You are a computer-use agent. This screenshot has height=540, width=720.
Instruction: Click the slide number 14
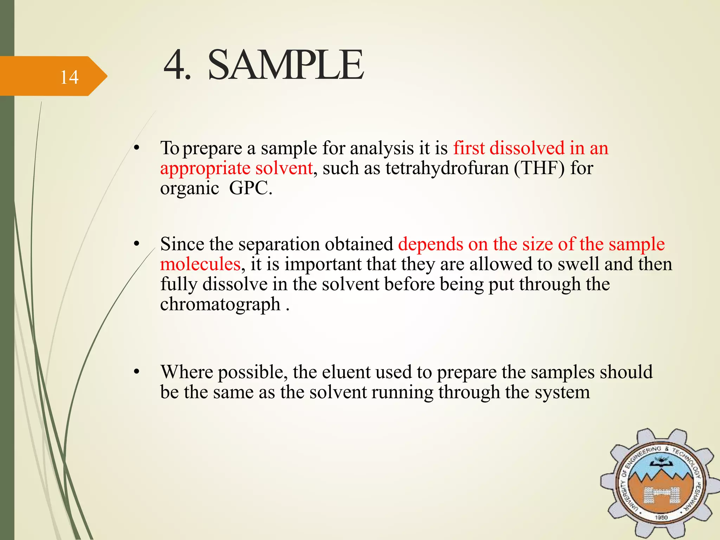69,77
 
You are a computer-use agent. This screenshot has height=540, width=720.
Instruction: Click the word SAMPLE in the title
285,65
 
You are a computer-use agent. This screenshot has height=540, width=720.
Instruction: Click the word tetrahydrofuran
447,168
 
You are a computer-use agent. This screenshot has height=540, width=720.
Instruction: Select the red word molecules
200,264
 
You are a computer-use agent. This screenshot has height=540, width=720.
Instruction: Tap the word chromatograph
220,304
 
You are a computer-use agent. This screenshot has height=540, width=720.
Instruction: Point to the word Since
182,244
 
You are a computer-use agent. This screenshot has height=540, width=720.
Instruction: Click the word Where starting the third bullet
186,372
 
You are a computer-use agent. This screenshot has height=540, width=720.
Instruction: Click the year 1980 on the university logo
661,517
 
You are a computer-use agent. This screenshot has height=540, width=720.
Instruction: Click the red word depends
430,244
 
